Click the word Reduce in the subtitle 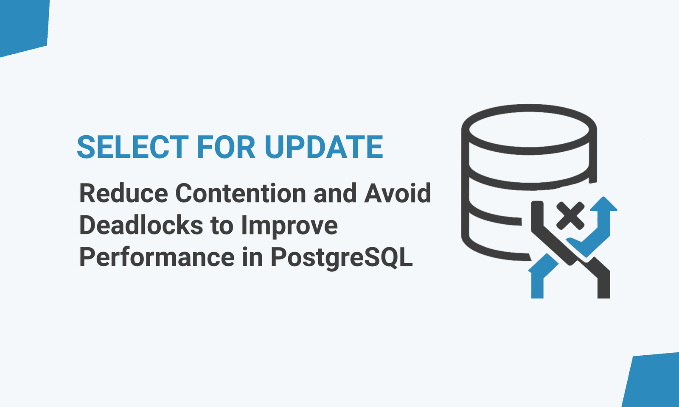point(123,193)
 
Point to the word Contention point(241,193)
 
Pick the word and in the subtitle point(335,193)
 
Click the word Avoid point(398,193)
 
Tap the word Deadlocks point(141,225)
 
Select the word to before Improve point(222,226)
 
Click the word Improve point(289,227)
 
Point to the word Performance point(157,257)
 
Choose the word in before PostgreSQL point(253,257)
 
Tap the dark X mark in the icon point(570,216)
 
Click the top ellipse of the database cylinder point(529,130)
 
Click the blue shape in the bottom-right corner point(652,381)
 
